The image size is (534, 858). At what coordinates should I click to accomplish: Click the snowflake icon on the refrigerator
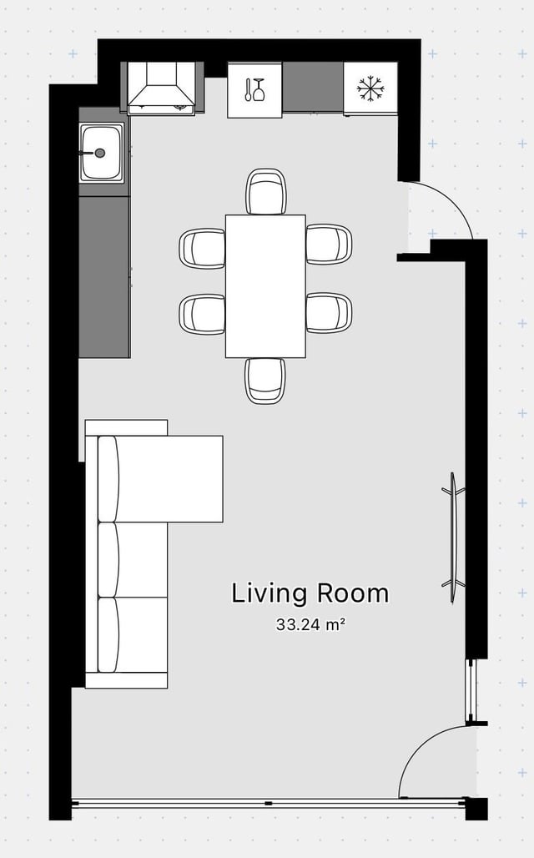370,88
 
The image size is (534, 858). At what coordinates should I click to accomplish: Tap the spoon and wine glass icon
254,90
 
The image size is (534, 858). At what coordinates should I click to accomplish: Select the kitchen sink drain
99,154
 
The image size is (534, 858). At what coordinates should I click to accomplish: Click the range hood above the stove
161,88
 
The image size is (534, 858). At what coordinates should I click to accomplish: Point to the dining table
265,286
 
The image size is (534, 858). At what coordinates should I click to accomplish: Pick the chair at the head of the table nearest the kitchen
266,191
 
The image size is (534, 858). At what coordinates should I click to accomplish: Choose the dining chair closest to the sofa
202,314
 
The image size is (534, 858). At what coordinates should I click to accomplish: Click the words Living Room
310,593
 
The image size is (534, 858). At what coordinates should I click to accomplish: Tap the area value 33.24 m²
310,624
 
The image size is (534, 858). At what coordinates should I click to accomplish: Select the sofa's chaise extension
169,479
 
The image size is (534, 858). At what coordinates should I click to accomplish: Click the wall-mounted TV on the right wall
453,538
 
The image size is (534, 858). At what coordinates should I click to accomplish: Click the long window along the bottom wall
268,803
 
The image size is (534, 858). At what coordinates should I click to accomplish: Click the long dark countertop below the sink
104,277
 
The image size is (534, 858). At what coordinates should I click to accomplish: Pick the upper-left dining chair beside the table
202,249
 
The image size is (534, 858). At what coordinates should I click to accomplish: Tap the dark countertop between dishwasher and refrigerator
313,87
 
